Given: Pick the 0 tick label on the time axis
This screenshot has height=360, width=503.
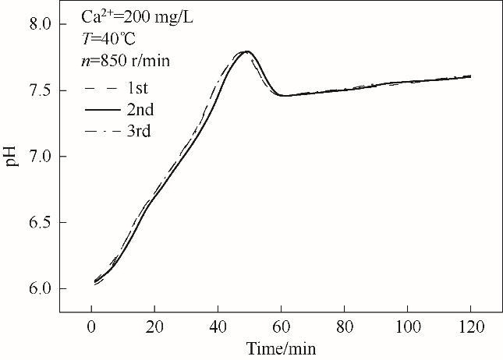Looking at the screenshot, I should click(92, 327).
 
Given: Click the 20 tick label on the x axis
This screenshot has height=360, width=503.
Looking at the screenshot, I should click(155, 327).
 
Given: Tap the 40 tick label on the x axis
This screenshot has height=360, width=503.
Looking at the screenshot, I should click(218, 327).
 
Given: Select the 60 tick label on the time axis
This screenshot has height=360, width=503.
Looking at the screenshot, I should click(282, 327).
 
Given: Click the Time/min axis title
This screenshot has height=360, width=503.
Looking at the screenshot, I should click(282, 348).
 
